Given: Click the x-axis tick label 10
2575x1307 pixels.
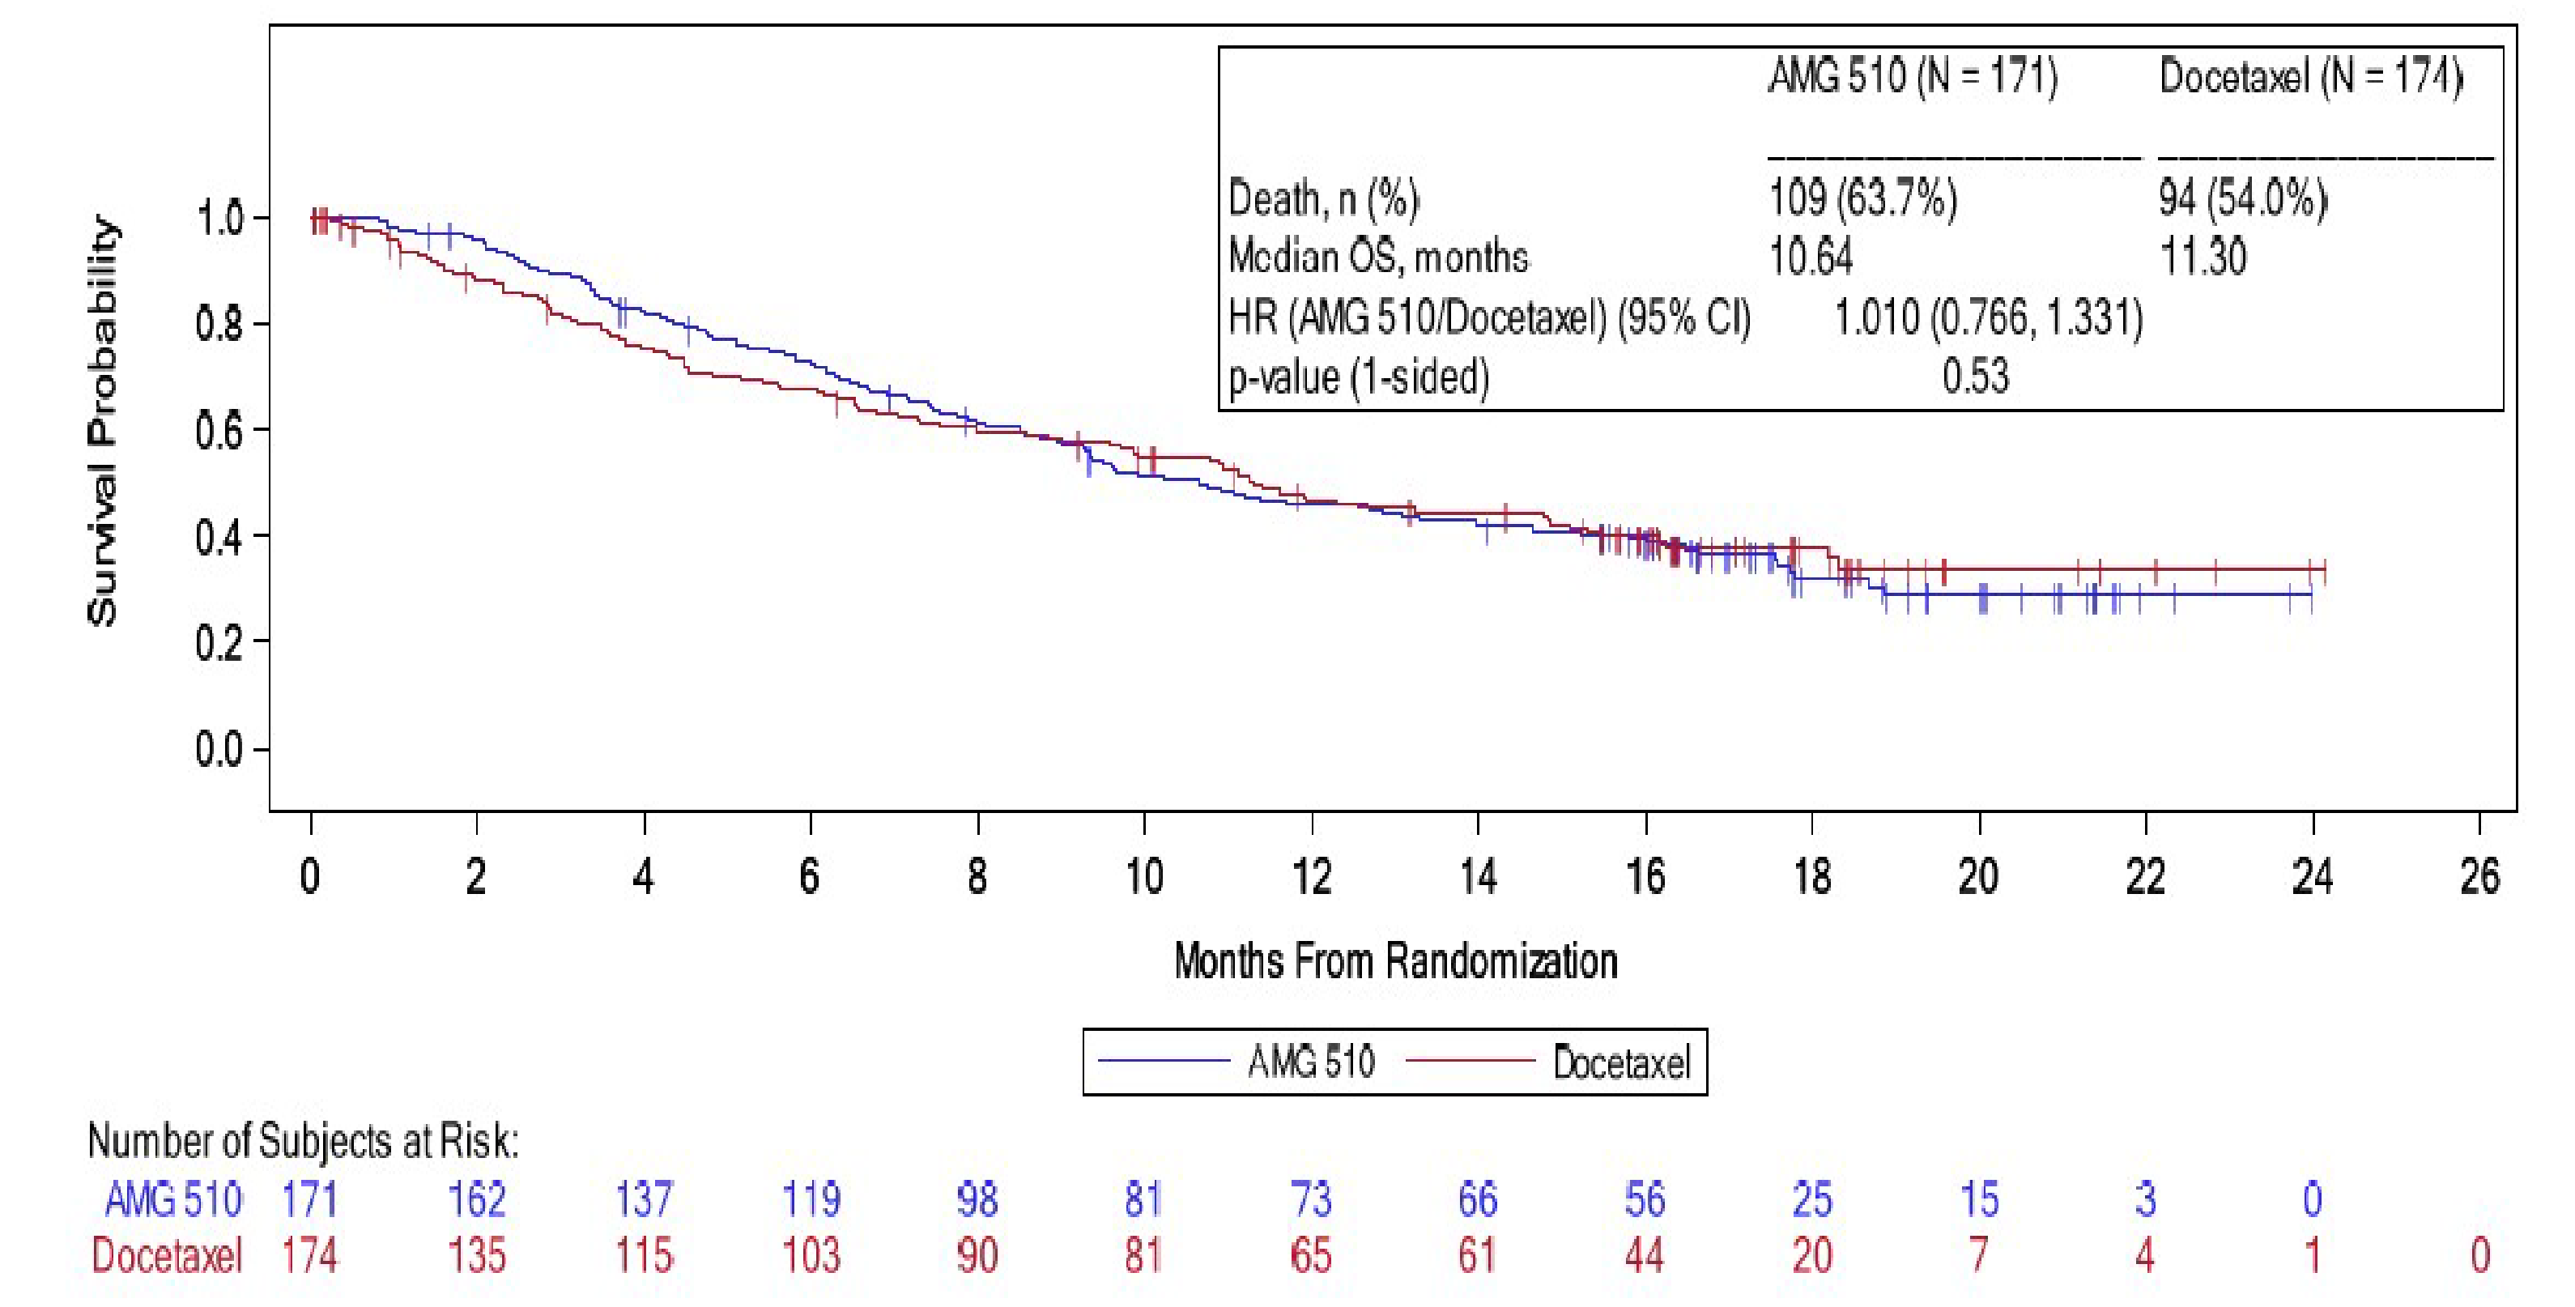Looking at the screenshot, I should (1143, 877).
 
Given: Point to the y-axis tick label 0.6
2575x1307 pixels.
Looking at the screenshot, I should (219, 431).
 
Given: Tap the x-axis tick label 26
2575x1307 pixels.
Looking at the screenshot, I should (2479, 877).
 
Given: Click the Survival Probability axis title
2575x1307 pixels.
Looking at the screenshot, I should (103, 420).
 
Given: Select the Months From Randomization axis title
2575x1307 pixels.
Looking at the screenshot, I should (1395, 961).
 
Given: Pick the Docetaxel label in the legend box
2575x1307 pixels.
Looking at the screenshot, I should (1621, 1062).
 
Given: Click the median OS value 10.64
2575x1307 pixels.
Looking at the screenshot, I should (1811, 257).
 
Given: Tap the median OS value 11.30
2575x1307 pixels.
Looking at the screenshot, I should (2203, 257).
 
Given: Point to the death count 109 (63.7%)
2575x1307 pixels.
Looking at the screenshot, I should (1862, 198).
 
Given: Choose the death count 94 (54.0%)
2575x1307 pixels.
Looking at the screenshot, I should (2242, 198).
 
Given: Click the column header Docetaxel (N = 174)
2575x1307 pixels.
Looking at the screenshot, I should (2310, 76).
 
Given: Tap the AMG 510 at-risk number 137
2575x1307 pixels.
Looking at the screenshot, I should (644, 1199).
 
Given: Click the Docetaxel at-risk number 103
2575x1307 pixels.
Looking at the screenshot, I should (811, 1255).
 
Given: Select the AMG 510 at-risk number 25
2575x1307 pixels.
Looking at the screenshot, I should (1811, 1199).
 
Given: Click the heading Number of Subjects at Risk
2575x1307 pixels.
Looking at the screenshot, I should (303, 1141).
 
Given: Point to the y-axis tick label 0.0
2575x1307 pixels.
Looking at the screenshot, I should (219, 749).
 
